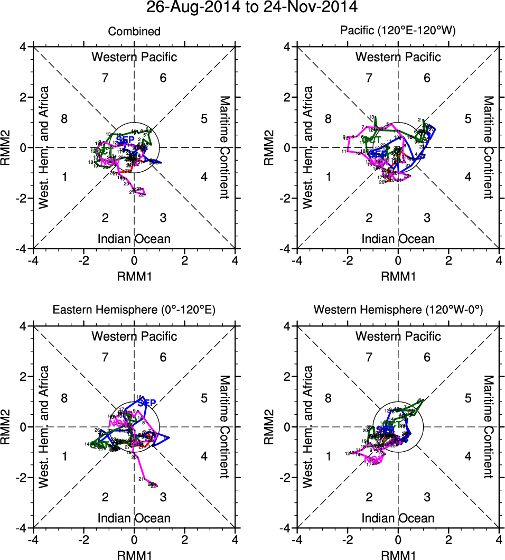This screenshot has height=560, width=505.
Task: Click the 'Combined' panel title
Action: pos(134,32)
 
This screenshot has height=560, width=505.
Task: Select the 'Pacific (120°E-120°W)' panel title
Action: pos(398,32)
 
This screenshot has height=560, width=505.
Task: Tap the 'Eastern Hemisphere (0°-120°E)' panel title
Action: pos(134,311)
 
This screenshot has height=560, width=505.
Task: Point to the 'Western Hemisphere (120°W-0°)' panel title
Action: pos(398,311)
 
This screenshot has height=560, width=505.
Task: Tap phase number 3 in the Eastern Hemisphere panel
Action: pos(163,497)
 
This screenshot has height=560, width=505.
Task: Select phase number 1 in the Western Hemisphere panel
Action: pos(329,456)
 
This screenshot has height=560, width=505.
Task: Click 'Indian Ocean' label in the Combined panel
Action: pos(134,239)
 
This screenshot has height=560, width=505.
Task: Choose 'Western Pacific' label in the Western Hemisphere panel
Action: pos(398,336)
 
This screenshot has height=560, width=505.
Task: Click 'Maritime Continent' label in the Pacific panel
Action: pos(489,147)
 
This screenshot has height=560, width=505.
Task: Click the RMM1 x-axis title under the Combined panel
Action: pos(134,275)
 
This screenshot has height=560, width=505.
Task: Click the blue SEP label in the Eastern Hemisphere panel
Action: pos(146,404)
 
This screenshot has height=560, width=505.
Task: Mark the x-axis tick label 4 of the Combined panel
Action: pos(235,261)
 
